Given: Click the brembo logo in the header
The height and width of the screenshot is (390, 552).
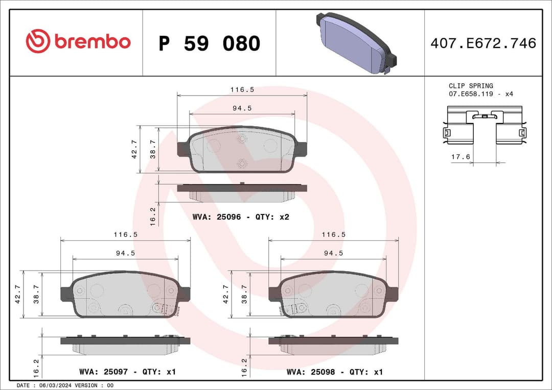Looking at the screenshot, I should pyautogui.click(x=78, y=42).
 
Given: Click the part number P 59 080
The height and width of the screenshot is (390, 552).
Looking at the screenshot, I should pyautogui.click(x=209, y=44).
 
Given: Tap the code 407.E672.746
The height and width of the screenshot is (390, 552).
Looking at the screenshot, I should pyautogui.click(x=483, y=43).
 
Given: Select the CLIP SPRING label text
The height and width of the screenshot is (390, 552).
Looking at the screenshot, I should pyautogui.click(x=471, y=86).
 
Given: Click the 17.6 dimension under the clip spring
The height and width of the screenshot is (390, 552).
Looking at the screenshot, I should pyautogui.click(x=460, y=157).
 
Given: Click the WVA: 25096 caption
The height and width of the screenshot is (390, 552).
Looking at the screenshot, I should pyautogui.click(x=241, y=217).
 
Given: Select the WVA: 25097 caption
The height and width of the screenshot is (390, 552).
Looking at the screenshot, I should pyautogui.click(x=127, y=372).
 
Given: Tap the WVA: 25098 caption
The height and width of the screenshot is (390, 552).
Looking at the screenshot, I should pyautogui.click(x=335, y=372).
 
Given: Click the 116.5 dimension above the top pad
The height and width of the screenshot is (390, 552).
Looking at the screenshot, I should pyautogui.click(x=242, y=89).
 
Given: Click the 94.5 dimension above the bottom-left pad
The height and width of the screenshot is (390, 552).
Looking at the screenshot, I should pyautogui.click(x=125, y=253).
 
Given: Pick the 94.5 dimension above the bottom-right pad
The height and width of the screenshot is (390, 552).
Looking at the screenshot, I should pyautogui.click(x=333, y=253).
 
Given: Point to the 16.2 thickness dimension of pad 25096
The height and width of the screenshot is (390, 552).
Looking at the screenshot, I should pyautogui.click(x=153, y=216).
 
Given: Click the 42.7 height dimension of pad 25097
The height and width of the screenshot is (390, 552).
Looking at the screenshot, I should pyautogui.click(x=18, y=294).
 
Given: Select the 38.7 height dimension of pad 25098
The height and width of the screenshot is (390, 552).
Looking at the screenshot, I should pyautogui.click(x=244, y=294).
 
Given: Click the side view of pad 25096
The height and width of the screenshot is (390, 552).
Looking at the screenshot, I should pyautogui.click(x=242, y=192).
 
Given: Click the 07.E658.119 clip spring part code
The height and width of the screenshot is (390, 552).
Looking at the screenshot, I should pyautogui.click(x=474, y=94).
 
